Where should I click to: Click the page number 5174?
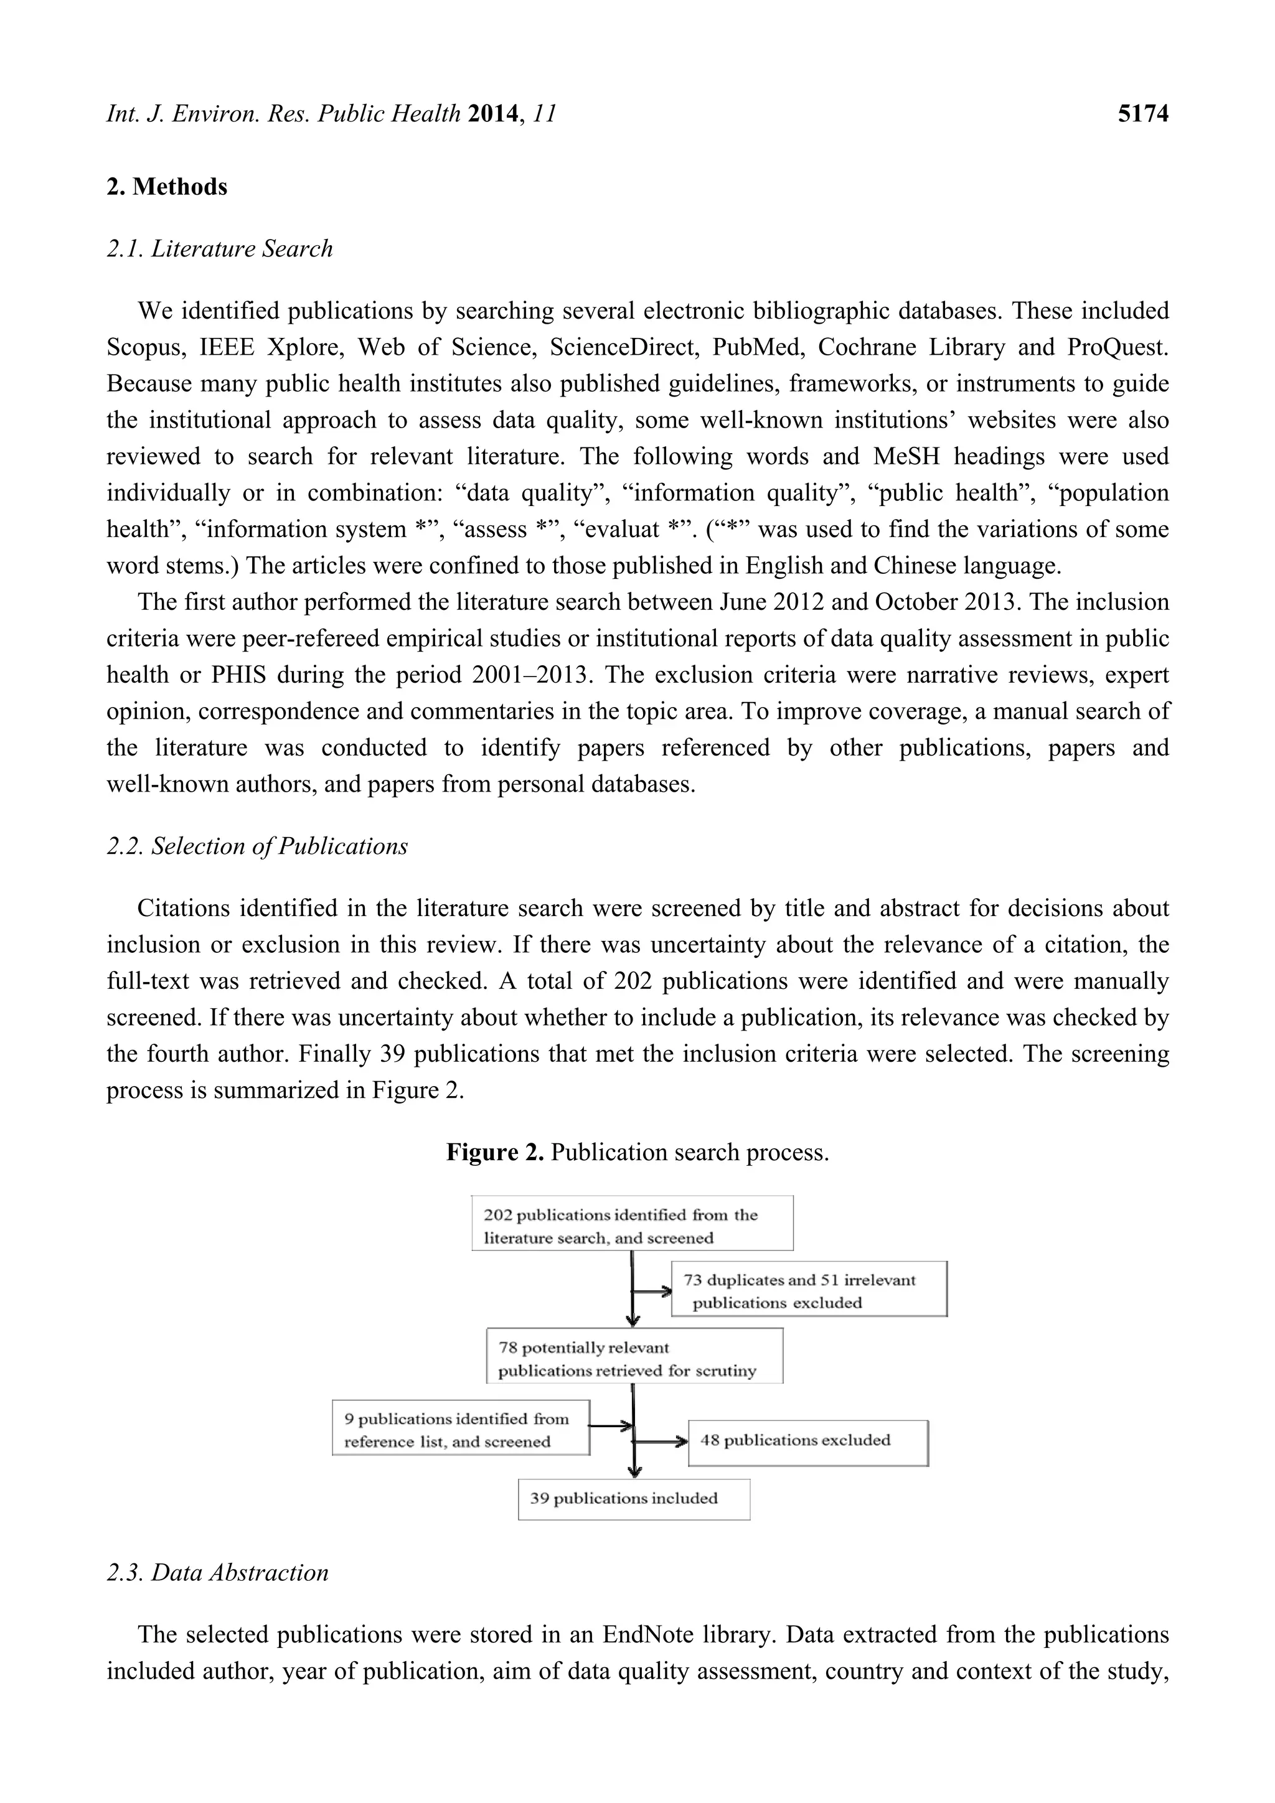pos(1142,114)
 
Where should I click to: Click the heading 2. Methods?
pos(167,187)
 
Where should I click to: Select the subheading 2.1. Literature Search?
pos(219,249)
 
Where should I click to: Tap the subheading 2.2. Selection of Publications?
pos(257,846)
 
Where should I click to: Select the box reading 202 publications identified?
pos(632,1224)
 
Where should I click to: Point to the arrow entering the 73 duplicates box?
pos(654,1292)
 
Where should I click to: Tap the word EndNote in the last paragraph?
pos(648,1636)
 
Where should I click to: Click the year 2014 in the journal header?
pos(492,114)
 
